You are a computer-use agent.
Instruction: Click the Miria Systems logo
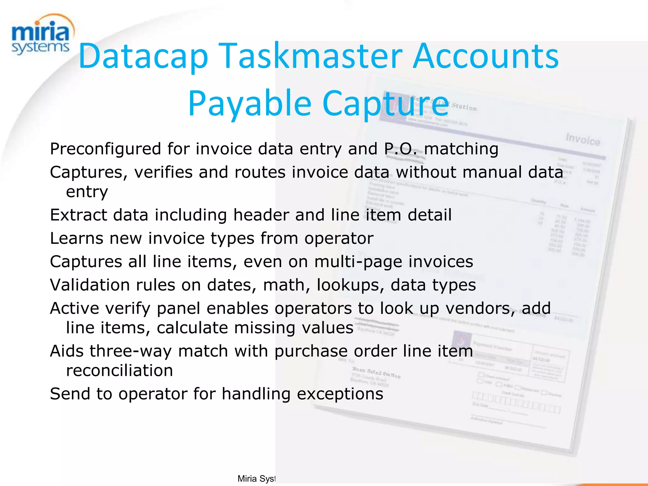coord(40,35)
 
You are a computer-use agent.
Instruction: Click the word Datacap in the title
coord(143,56)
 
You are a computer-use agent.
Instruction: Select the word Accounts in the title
coord(486,56)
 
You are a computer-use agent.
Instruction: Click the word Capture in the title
coord(385,103)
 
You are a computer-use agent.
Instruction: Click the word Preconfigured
coord(106,149)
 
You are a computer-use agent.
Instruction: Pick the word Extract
coord(78,215)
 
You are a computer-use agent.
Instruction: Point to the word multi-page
coord(358,262)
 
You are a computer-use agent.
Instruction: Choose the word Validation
coord(90,285)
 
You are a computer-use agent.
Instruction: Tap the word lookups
coord(350,285)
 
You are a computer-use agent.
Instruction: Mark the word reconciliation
coord(119,371)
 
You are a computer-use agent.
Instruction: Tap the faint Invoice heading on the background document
coord(583,140)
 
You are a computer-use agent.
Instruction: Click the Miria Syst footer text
coord(256,478)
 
